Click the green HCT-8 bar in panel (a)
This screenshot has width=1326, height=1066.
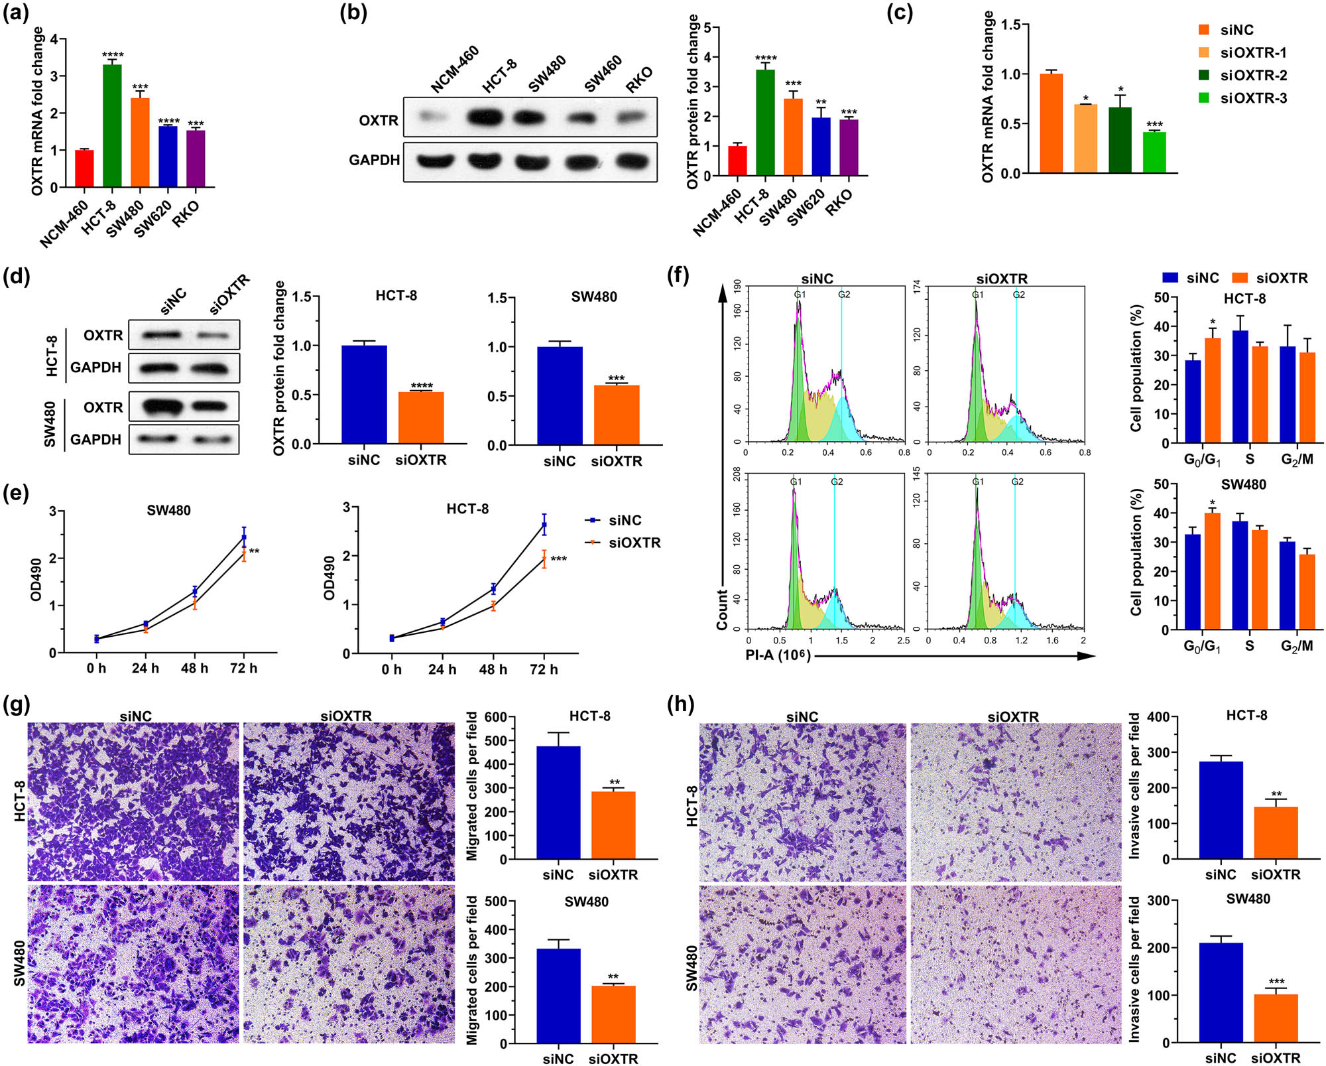click(112, 126)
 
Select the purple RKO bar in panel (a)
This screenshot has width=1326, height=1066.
click(196, 159)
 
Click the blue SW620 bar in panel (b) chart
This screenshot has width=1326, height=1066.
click(821, 147)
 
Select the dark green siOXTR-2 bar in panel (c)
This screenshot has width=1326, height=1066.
click(1120, 141)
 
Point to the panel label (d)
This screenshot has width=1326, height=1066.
click(17, 276)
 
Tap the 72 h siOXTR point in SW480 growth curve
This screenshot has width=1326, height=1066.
click(243, 553)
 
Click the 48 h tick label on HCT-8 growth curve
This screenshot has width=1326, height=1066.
click(493, 669)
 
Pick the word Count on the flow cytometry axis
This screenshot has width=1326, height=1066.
click(722, 609)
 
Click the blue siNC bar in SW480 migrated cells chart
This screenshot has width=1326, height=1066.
click(558, 996)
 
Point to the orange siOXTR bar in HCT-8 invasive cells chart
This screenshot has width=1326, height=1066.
click(1276, 833)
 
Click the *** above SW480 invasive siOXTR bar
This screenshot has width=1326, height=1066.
click(1276, 982)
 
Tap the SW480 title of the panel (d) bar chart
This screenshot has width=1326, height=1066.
click(593, 297)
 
